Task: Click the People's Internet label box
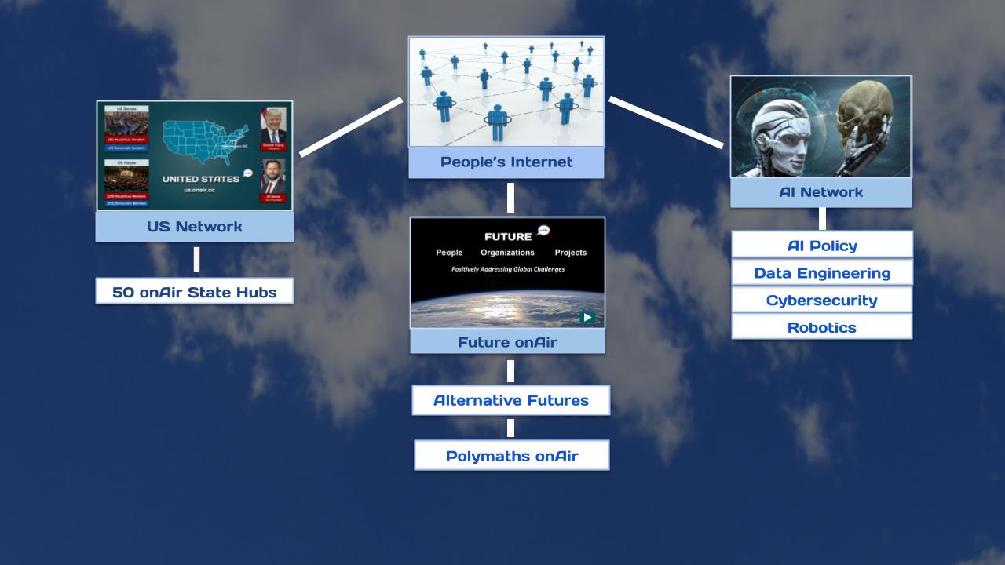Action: tap(506, 162)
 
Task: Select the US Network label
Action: tap(194, 227)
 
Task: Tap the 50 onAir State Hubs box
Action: tap(194, 292)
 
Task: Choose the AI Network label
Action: tap(820, 192)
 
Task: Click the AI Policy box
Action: tap(822, 246)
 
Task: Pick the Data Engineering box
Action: tap(822, 273)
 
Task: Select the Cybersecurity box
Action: tap(822, 301)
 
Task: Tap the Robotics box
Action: tap(822, 327)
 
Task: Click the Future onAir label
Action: tap(507, 342)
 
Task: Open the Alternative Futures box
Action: tap(510, 400)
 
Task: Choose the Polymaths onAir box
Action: tap(511, 456)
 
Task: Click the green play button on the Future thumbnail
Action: tap(587, 318)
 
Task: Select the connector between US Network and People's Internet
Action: tap(351, 126)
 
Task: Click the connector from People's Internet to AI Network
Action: tap(666, 122)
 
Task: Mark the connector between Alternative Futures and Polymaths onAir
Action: tap(510, 428)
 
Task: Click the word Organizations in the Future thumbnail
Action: tap(507, 253)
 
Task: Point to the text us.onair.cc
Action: tap(199, 190)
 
